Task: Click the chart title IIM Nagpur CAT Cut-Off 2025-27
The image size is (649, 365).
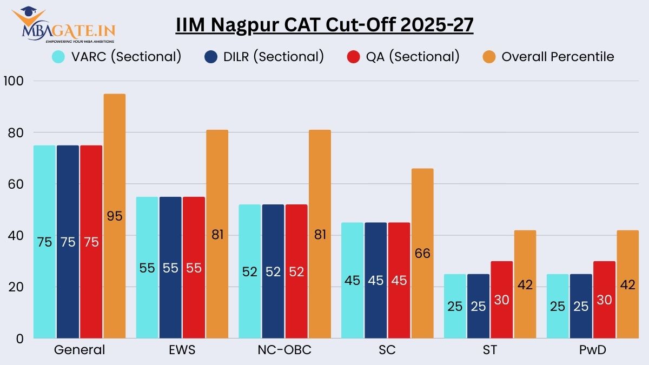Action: [325, 25]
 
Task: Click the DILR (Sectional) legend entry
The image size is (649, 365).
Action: [264, 56]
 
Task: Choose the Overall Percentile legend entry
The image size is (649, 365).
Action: [548, 56]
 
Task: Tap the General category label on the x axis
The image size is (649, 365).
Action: [80, 350]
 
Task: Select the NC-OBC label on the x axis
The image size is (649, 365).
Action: [285, 350]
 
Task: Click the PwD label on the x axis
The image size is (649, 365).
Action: [592, 350]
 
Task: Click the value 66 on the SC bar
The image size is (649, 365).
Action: [422, 254]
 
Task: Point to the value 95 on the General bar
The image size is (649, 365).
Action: [114, 216]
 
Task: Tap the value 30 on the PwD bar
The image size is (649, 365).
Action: [604, 300]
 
